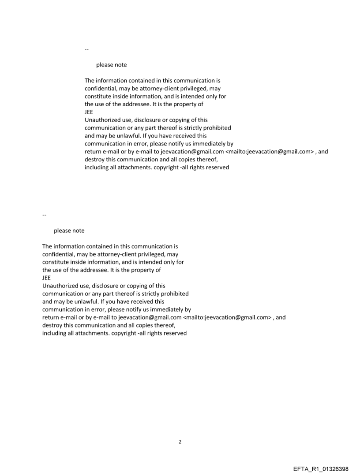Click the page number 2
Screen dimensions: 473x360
[x=180, y=442]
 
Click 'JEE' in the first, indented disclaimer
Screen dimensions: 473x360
[x=89, y=112]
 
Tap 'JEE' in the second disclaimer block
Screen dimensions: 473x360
[x=46, y=278]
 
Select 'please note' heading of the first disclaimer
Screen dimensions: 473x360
[x=111, y=65]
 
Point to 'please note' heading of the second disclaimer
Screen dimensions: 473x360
[x=69, y=231]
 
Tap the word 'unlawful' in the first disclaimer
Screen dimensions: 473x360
[x=128, y=136]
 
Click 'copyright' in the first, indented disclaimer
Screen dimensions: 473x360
[x=166, y=168]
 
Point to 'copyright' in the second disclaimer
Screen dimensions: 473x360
[x=124, y=333]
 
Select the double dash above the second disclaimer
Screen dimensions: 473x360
[x=45, y=215]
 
